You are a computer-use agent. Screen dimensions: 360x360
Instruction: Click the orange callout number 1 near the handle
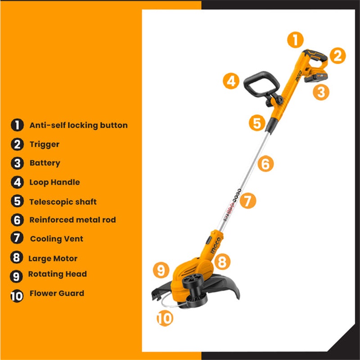[295, 40]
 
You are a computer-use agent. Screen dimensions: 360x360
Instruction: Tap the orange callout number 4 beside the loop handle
[231, 81]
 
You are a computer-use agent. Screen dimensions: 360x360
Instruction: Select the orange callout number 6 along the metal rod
[265, 164]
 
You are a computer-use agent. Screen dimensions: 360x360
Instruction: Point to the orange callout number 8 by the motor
[222, 262]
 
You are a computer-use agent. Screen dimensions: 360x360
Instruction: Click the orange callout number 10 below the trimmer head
[165, 318]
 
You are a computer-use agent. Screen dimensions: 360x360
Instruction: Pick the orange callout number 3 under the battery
[321, 92]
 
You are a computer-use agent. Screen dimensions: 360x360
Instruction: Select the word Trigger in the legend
[44, 144]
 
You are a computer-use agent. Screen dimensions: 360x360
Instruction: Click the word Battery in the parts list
[45, 163]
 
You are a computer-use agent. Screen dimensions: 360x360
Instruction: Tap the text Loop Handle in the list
[54, 182]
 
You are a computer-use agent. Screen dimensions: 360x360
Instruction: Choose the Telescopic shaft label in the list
[63, 202]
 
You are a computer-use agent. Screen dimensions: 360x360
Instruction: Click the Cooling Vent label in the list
[57, 239]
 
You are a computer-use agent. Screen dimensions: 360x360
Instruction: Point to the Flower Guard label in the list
[57, 293]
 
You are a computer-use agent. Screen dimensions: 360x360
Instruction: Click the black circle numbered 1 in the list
[17, 126]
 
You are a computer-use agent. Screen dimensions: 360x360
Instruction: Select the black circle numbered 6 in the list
[17, 220]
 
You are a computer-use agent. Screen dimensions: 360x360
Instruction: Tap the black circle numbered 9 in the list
[16, 276]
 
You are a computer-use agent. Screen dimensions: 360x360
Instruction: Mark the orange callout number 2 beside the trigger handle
[337, 56]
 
